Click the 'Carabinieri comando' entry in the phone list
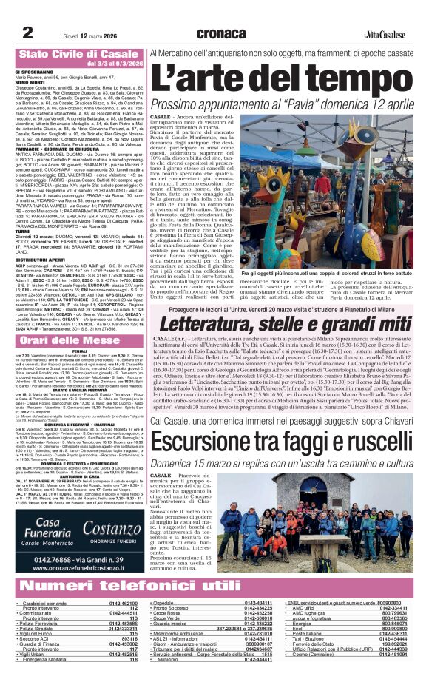(x=51, y=604)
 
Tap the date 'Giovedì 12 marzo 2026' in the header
(x=79, y=33)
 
